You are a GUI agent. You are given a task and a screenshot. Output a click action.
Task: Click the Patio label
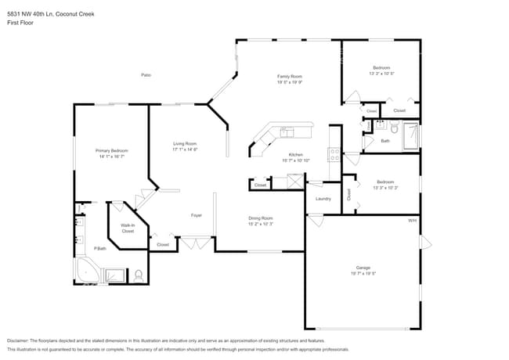(x=146, y=74)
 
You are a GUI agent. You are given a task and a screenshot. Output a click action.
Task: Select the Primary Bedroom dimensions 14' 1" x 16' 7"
(x=112, y=157)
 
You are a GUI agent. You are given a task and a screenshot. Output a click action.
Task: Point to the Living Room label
(x=184, y=143)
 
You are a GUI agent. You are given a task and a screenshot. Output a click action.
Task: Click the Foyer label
(x=197, y=215)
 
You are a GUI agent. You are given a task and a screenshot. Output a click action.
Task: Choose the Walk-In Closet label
(x=127, y=228)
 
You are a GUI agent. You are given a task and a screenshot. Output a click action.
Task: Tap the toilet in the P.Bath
(x=138, y=275)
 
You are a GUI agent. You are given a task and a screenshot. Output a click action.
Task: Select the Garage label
(x=363, y=268)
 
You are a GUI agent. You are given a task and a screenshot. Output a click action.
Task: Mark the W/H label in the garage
(x=412, y=221)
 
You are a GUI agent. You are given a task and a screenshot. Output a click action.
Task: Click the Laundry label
(x=323, y=198)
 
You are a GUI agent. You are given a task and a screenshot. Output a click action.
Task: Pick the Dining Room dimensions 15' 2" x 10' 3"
(x=261, y=224)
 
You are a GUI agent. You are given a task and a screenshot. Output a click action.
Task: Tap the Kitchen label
(x=295, y=154)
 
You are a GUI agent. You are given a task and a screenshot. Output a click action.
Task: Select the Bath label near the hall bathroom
(x=384, y=141)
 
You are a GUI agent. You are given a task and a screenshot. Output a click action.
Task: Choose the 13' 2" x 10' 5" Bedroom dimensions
(x=381, y=74)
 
